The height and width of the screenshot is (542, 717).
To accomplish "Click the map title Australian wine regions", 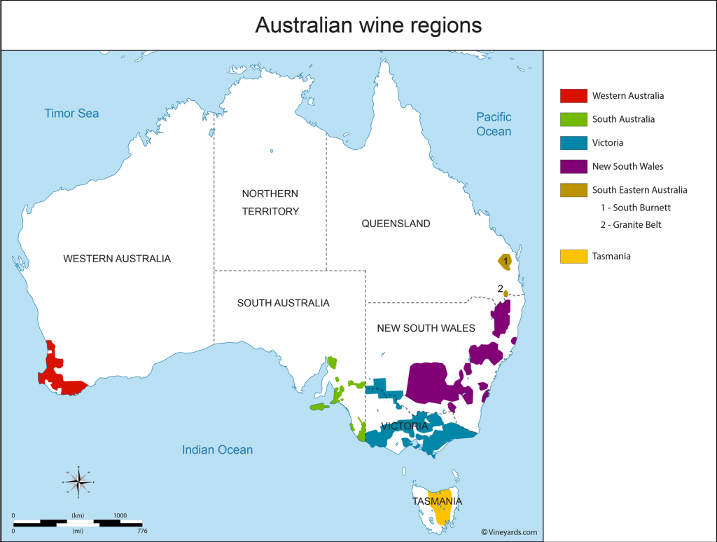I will pyautogui.click(x=368, y=25).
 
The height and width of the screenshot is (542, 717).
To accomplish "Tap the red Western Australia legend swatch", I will pyautogui.click(x=573, y=95).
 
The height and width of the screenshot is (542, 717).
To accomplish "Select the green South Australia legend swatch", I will pyautogui.click(x=573, y=119).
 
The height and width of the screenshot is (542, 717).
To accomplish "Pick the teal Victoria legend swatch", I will pyautogui.click(x=573, y=143).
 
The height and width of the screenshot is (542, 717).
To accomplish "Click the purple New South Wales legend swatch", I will pyautogui.click(x=573, y=167).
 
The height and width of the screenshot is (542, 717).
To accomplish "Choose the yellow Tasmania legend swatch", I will pyautogui.click(x=573, y=257).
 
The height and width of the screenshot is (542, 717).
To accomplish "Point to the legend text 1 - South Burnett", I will pyautogui.click(x=636, y=208).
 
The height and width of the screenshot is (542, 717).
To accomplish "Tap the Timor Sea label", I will pyautogui.click(x=71, y=114).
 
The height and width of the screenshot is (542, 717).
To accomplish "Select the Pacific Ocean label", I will pyautogui.click(x=494, y=124).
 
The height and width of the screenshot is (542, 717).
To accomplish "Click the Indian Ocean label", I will pyautogui.click(x=217, y=450).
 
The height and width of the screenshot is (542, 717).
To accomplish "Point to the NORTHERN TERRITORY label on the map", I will pyautogui.click(x=270, y=202).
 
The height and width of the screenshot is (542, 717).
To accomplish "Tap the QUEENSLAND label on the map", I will pyautogui.click(x=396, y=224).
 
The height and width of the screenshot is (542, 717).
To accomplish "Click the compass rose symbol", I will pyautogui.click(x=80, y=481).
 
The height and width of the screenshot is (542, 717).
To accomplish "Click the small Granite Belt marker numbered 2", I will pyautogui.click(x=506, y=294).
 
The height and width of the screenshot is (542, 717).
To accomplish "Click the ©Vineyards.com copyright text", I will pyautogui.click(x=509, y=532).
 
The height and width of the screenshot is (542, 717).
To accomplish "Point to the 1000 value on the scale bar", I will pyautogui.click(x=120, y=515).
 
